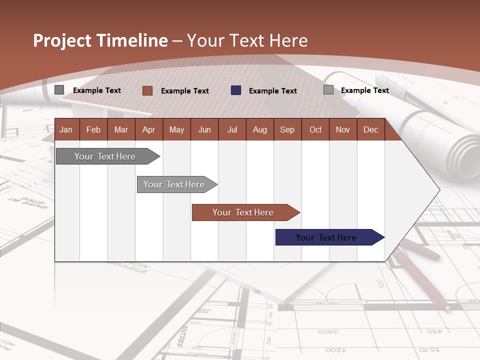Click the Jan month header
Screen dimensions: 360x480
66,129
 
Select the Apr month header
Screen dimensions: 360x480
148,129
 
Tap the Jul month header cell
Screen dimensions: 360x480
232,129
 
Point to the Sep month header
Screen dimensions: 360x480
287,129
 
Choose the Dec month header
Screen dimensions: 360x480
370,129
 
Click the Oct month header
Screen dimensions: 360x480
315,129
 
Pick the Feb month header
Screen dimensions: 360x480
93,129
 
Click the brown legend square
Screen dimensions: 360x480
147,90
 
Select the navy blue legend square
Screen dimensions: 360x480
236,90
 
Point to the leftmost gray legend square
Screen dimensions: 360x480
59,90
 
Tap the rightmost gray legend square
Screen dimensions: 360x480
328,90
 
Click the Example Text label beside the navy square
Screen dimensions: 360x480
272,91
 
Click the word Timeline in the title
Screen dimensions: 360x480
132,40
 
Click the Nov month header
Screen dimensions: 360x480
343,129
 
